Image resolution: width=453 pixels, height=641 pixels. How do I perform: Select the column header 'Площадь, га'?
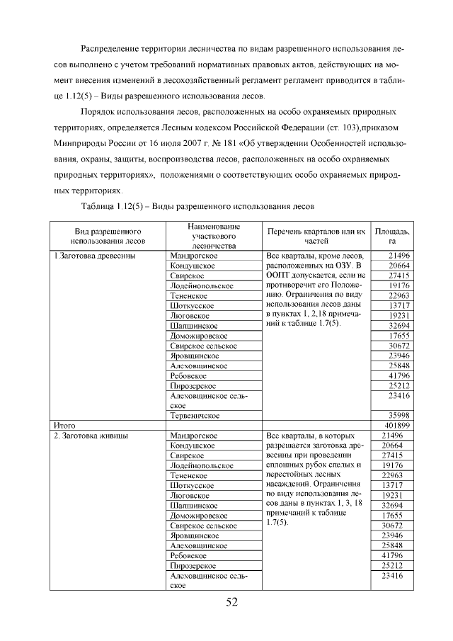point(391,236)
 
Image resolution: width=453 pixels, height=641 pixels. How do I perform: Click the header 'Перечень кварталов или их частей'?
point(316,236)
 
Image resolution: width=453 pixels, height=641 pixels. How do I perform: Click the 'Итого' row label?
point(65,425)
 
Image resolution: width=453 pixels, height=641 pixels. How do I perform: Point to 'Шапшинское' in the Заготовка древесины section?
point(193,325)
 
